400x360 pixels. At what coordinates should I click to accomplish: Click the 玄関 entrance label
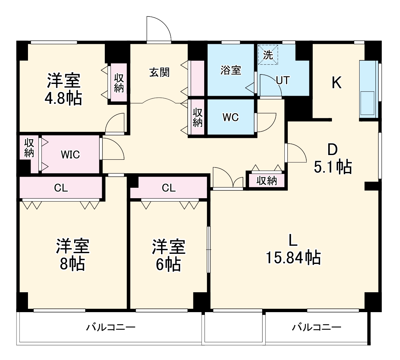[x=159, y=72]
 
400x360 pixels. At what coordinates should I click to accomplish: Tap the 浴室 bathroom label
[x=231, y=70]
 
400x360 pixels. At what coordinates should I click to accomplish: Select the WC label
[x=231, y=117]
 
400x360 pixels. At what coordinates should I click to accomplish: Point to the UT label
[x=283, y=81]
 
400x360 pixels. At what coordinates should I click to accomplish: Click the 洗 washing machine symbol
[x=268, y=55]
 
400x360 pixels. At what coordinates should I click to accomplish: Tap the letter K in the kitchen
[x=337, y=82]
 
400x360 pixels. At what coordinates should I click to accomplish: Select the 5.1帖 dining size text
[x=333, y=167]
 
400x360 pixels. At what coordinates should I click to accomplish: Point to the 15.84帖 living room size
[x=293, y=258]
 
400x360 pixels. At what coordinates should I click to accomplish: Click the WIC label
[x=70, y=155]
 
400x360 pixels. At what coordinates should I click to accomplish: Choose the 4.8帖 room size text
[x=63, y=98]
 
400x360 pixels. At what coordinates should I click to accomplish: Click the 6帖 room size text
[x=168, y=264]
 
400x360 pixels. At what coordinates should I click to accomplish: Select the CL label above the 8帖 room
[x=61, y=188]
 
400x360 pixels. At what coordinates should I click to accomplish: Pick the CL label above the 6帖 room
[x=168, y=188]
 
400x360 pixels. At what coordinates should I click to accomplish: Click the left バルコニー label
[x=111, y=327]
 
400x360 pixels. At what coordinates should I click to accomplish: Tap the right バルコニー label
[x=316, y=327]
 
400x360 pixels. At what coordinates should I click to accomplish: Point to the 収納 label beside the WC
[x=198, y=118]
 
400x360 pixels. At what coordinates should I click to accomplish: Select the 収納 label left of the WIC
[x=29, y=148]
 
